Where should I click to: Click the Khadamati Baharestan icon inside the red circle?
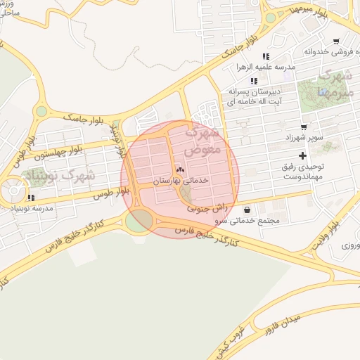tap(179, 170)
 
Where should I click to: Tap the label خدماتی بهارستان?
tap(181, 181)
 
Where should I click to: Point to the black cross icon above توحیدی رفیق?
tap(303, 155)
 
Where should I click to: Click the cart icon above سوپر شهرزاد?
tap(303, 127)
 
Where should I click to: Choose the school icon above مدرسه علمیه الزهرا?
tap(266, 56)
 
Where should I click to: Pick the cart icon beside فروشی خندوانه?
tap(337, 41)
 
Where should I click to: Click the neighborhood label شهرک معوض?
tap(203, 140)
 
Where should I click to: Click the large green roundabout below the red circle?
tap(139, 221)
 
